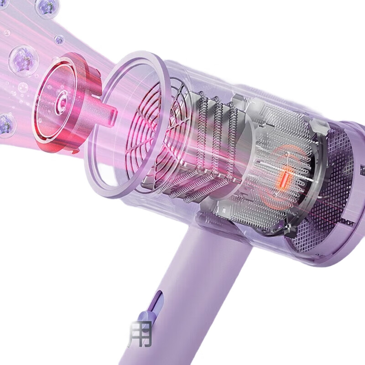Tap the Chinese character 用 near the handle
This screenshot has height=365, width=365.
click(141, 334)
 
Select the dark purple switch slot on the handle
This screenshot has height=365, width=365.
click(158, 300)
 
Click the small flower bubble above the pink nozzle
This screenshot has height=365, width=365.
click(59, 40)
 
